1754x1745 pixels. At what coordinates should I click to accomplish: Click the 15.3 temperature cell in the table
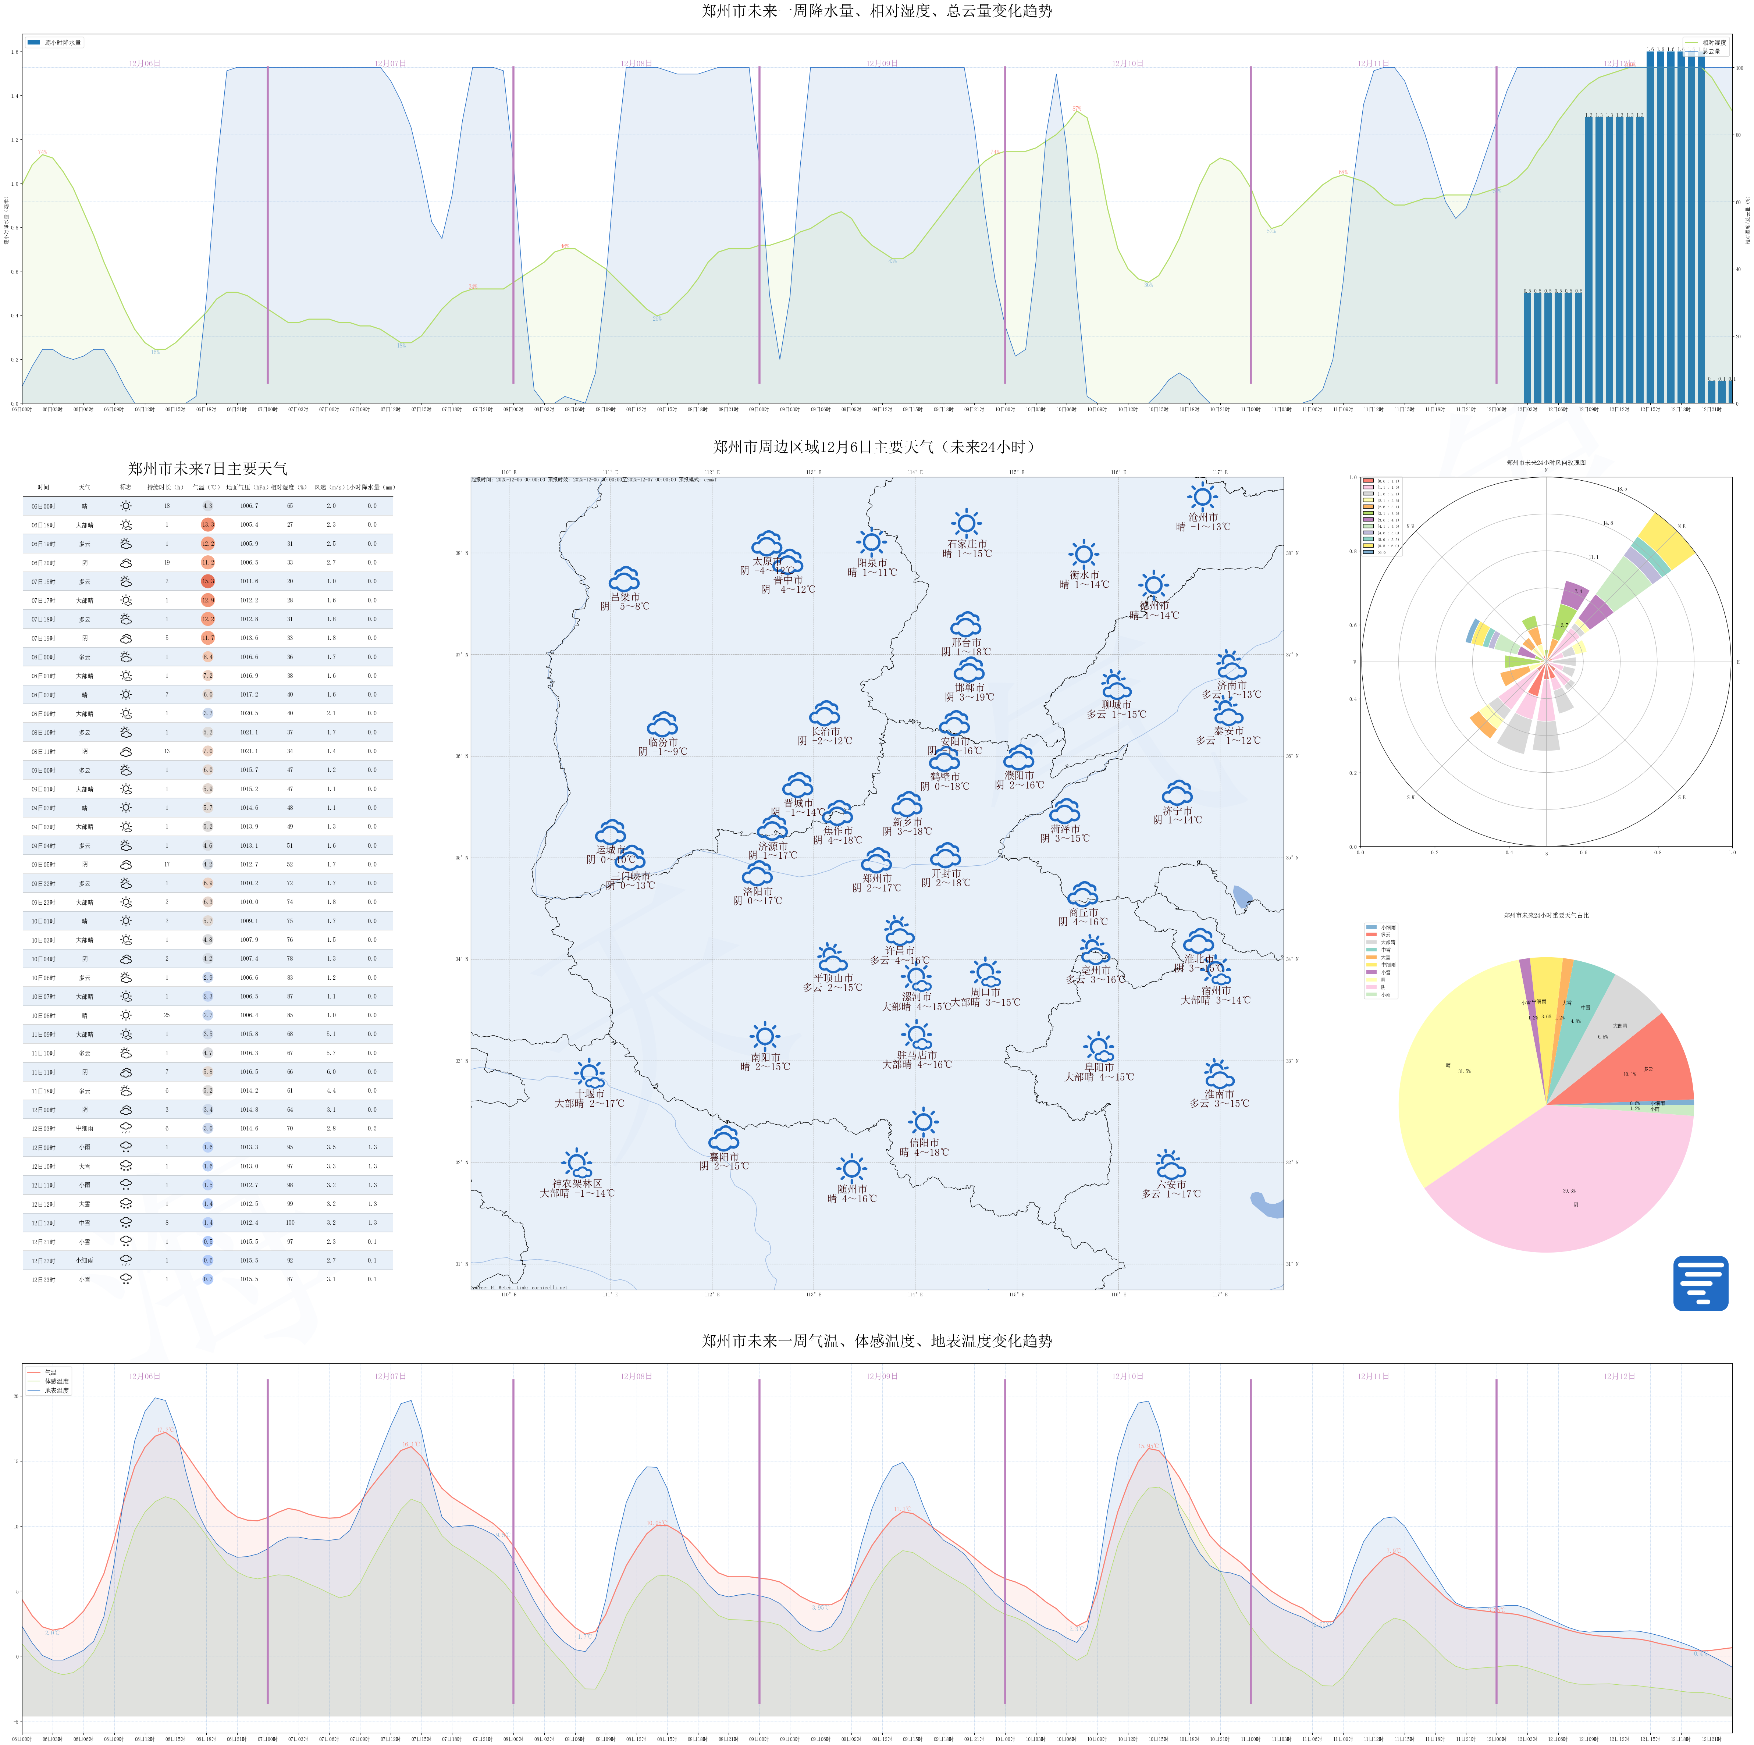coord(208,581)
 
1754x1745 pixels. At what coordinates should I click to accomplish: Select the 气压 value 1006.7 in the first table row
coord(249,506)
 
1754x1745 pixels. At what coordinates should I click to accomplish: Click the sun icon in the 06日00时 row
coord(125,506)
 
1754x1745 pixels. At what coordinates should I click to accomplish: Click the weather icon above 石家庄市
coord(966,523)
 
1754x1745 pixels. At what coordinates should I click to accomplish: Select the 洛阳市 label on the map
coord(757,891)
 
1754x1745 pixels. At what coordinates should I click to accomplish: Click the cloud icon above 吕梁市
coord(625,579)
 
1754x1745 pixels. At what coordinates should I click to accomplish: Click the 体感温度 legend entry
coord(56,1381)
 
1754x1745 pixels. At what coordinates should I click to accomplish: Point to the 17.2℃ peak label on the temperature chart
coord(164,1430)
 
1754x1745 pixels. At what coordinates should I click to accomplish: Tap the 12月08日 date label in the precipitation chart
coord(636,64)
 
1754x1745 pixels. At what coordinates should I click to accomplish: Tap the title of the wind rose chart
coord(1546,462)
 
